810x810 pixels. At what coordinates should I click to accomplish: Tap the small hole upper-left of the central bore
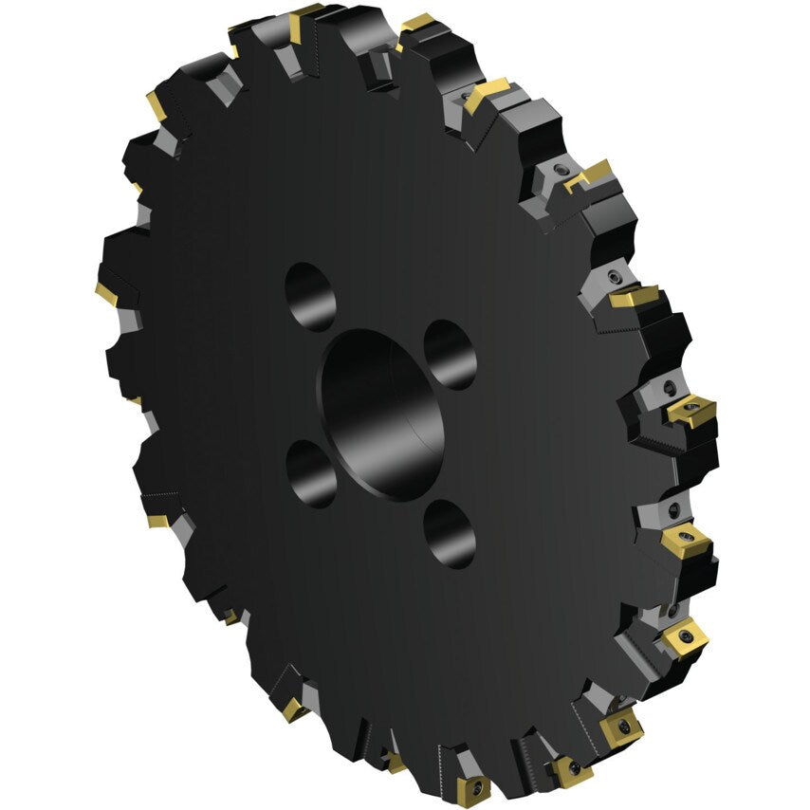click(309, 297)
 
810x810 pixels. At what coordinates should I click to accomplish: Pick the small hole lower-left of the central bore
click(311, 472)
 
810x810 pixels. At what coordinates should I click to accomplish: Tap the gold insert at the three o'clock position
click(690, 411)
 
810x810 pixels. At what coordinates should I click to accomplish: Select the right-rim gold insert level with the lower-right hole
click(687, 541)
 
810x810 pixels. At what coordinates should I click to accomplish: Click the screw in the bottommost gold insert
click(475, 787)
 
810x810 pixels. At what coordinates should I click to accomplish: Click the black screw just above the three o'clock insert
click(670, 386)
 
